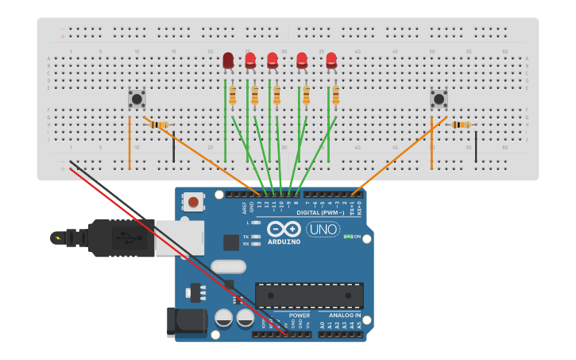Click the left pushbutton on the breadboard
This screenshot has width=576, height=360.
click(137, 99)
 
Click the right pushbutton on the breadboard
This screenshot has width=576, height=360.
click(439, 99)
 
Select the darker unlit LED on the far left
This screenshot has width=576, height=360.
click(228, 60)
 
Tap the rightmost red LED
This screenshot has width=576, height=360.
click(331, 60)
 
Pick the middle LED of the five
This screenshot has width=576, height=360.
click(273, 60)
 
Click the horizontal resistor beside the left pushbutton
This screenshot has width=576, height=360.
click(160, 125)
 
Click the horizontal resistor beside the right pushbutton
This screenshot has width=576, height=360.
click(461, 125)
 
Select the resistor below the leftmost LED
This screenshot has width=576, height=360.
click(232, 96)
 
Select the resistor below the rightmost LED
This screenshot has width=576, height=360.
click(335, 96)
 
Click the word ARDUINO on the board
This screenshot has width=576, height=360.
click(283, 242)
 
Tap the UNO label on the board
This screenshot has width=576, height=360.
click(323, 230)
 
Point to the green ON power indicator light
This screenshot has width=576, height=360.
click(347, 237)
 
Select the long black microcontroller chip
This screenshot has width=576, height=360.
click(309, 295)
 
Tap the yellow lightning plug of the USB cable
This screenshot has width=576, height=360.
click(58, 237)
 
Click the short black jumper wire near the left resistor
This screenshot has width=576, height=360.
click(174, 147)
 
